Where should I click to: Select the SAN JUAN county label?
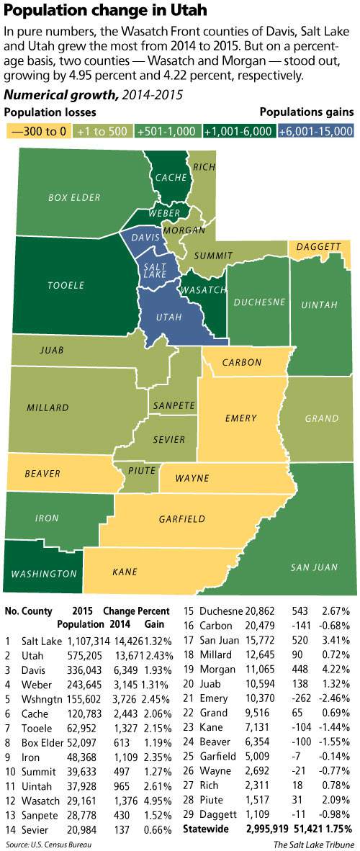click(x=313, y=567)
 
